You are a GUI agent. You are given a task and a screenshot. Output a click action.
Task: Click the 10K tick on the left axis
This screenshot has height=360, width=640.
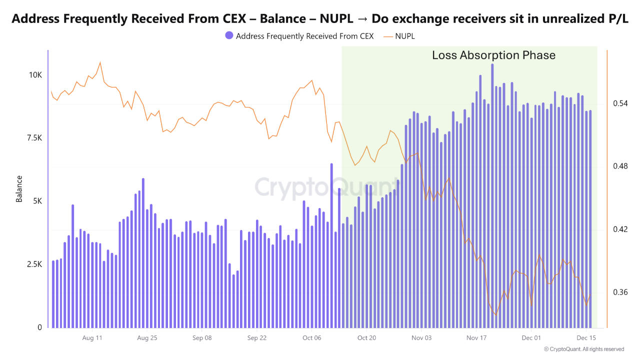pyautogui.click(x=35, y=75)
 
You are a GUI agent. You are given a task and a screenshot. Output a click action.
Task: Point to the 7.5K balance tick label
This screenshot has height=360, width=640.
pyautogui.click(x=33, y=138)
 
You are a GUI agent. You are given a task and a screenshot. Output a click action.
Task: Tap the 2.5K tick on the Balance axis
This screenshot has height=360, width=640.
pyautogui.click(x=33, y=264)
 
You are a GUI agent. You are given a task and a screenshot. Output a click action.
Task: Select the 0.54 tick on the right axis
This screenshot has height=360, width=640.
pyautogui.click(x=620, y=103)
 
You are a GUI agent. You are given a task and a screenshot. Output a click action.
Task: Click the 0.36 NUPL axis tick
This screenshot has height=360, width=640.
pyautogui.click(x=620, y=292)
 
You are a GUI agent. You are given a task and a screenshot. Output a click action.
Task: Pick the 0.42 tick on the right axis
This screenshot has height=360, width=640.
pyautogui.click(x=620, y=229)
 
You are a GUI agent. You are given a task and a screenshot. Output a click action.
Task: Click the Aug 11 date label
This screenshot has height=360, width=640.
pyautogui.click(x=92, y=338)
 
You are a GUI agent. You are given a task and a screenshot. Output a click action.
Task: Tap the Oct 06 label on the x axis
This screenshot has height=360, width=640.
pyautogui.click(x=311, y=338)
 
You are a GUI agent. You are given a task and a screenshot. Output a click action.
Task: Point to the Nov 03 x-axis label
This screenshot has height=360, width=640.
pyautogui.click(x=421, y=338)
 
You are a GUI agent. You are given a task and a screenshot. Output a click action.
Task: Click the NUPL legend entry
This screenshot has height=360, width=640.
pyautogui.click(x=404, y=36)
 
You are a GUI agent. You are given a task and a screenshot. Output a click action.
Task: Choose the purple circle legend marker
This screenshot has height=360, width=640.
pyautogui.click(x=229, y=36)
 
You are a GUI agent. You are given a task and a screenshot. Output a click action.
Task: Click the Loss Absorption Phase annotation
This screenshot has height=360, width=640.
pyautogui.click(x=493, y=55)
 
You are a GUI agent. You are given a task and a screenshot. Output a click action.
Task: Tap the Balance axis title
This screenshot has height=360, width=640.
pyautogui.click(x=19, y=188)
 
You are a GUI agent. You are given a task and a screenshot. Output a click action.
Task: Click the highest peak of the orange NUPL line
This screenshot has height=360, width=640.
pyautogui.click(x=100, y=62)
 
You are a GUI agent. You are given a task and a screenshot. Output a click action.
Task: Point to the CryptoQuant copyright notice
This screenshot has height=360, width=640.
pyautogui.click(x=583, y=349)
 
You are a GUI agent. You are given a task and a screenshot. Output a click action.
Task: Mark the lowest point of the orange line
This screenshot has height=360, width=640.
pyautogui.click(x=496, y=314)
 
